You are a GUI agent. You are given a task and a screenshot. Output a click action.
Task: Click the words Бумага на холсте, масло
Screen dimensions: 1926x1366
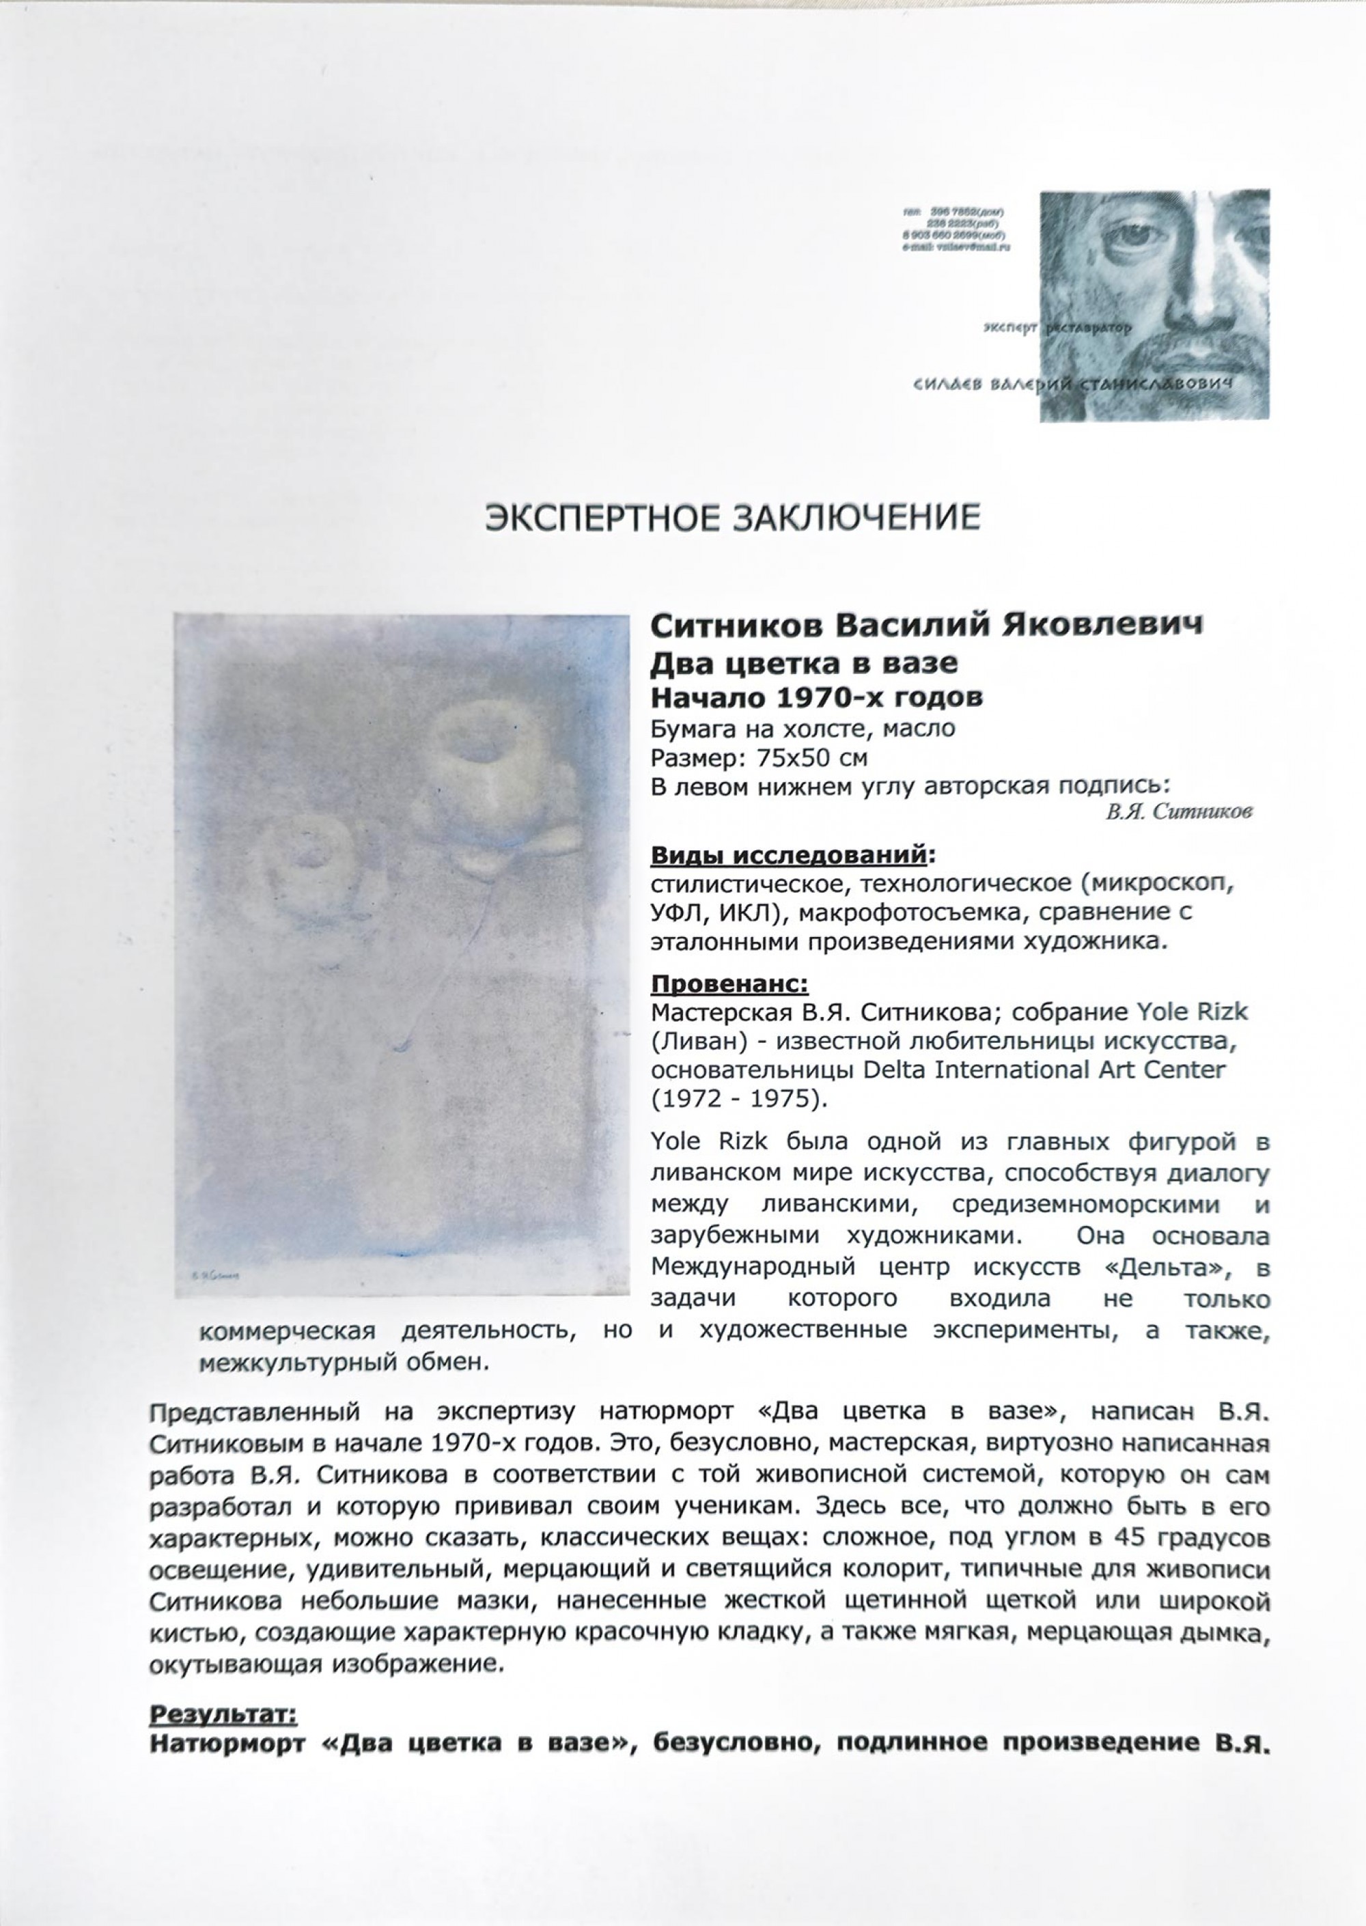[x=803, y=727]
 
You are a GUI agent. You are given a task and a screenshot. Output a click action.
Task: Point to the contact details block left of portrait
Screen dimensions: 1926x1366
[x=956, y=229]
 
